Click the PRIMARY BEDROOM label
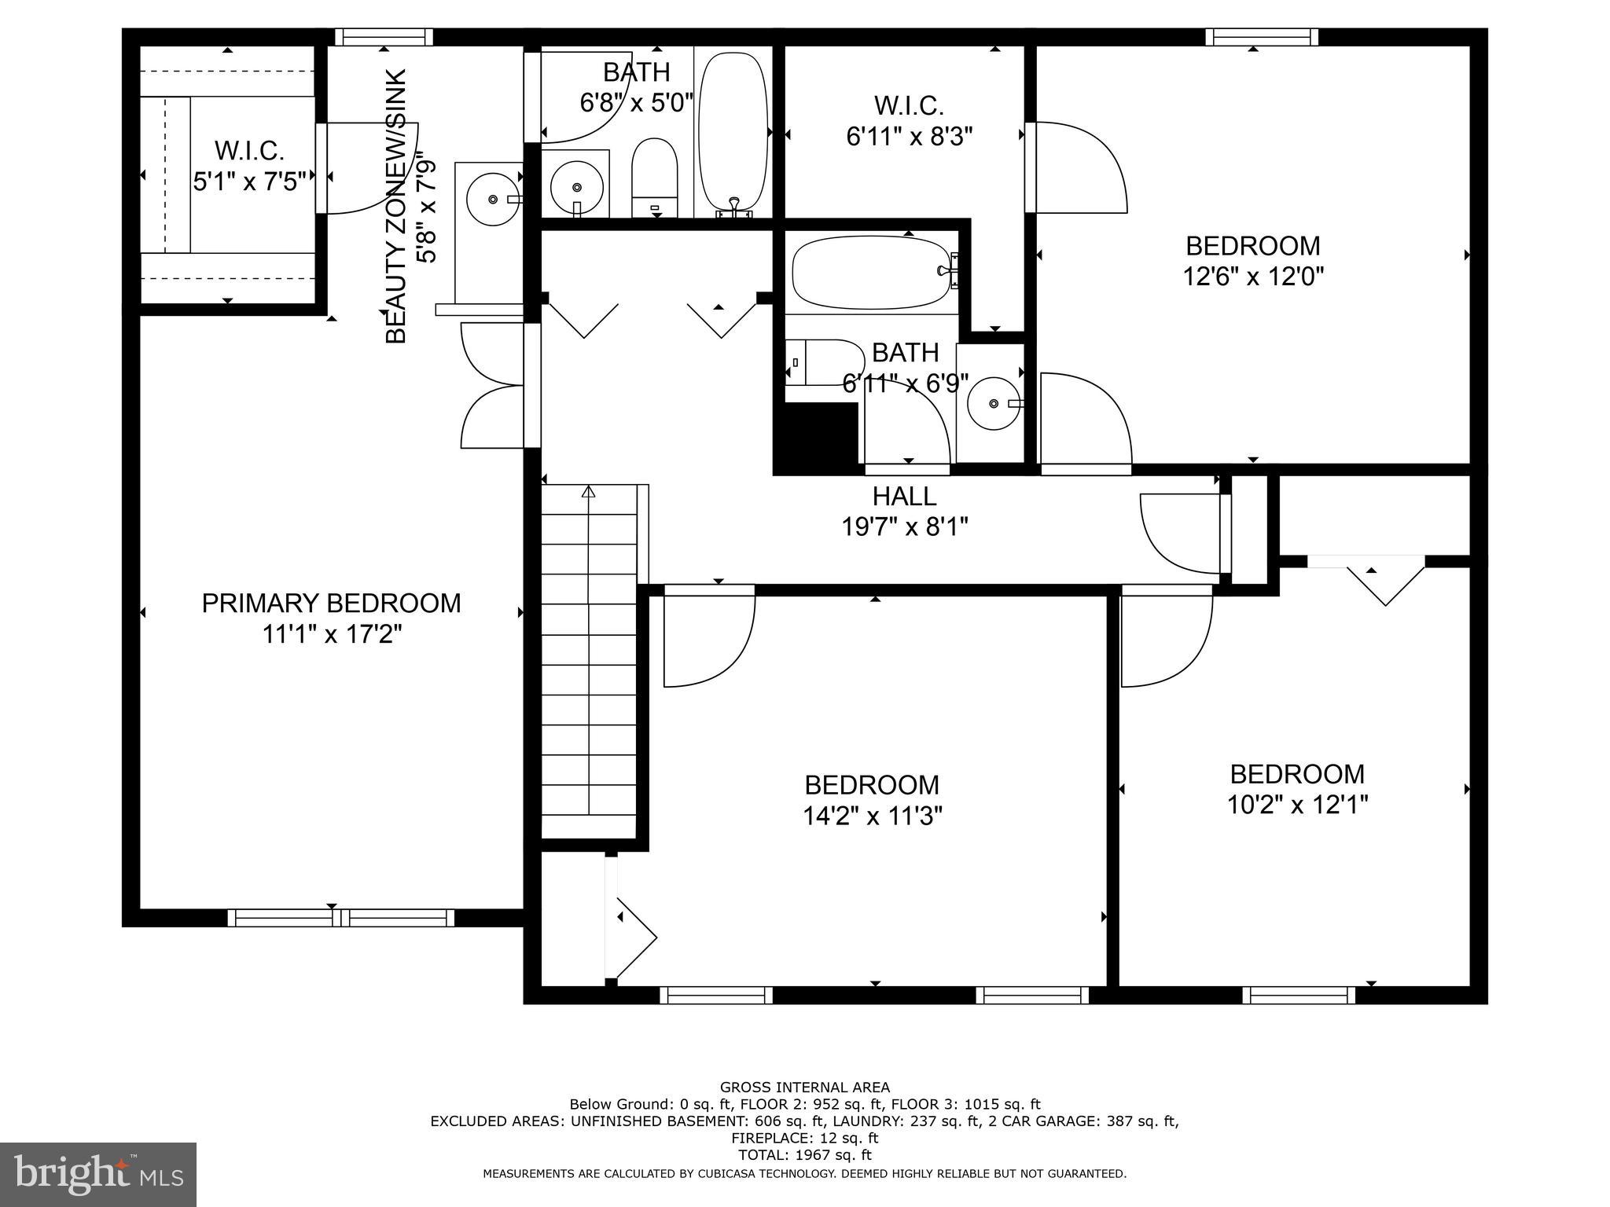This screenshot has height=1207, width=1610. [331, 603]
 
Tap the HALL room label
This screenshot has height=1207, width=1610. [904, 497]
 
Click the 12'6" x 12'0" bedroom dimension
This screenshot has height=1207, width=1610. [1253, 277]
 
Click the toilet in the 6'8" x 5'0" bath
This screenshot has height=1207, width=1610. [654, 177]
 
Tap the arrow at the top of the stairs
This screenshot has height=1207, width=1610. [588, 492]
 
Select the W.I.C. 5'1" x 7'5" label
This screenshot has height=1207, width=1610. [249, 166]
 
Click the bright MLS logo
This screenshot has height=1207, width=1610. [98, 1174]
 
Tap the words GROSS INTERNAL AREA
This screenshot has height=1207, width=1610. [804, 1088]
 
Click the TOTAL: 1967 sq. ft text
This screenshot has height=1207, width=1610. [804, 1155]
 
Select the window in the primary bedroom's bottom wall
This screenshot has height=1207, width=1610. [340, 917]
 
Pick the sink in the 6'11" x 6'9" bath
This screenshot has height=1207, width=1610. [994, 403]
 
